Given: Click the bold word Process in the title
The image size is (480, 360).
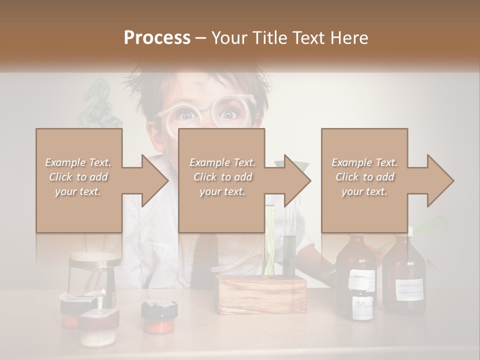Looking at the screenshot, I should pyautogui.click(x=157, y=37).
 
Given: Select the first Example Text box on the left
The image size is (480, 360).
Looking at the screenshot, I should pyautogui.click(x=78, y=180).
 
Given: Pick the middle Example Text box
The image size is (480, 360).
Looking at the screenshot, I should pyautogui.click(x=221, y=180).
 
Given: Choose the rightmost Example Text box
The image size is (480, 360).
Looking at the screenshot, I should pyautogui.click(x=364, y=180).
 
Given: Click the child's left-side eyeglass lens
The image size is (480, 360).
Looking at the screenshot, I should pyautogui.click(x=183, y=117).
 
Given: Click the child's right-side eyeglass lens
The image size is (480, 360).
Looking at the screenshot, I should pyautogui.click(x=229, y=114).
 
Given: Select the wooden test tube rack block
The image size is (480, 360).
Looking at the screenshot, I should pyautogui.click(x=261, y=294).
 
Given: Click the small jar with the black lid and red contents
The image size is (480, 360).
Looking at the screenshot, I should pyautogui.click(x=159, y=315).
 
